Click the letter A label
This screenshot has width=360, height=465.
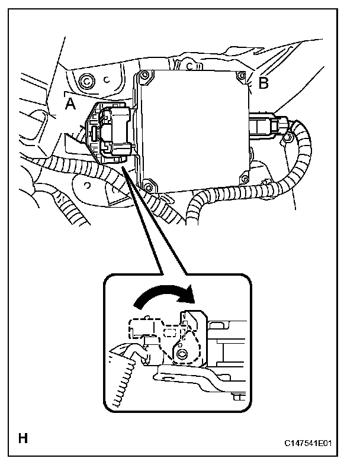tap(70, 104)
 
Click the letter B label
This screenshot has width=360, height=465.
tap(263, 83)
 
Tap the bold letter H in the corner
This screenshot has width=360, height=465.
tap(23, 439)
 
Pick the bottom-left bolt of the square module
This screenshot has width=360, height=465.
tap(148, 188)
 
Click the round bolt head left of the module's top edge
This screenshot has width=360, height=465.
tap(87, 80)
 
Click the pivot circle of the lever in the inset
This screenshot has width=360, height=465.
tap(181, 356)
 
